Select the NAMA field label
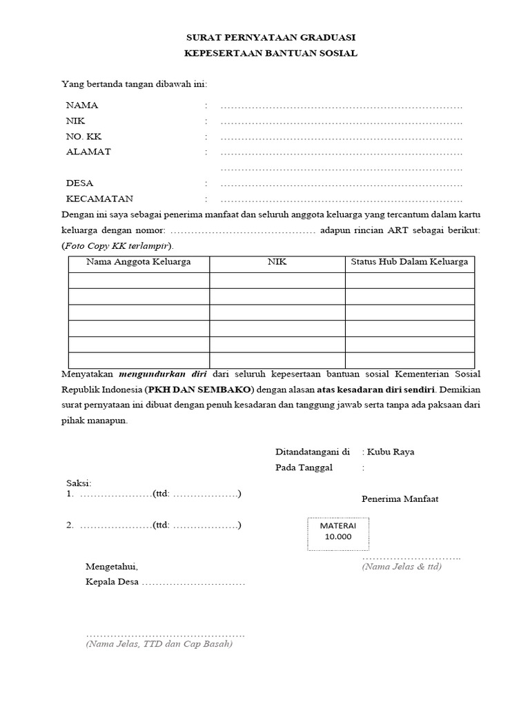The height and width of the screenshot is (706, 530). [81, 105]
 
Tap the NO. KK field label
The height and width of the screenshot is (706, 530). [84, 137]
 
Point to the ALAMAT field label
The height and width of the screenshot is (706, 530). [88, 152]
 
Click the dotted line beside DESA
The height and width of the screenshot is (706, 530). [341, 184]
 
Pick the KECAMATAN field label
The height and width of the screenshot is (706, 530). [99, 199]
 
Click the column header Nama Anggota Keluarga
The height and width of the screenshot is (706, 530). [138, 262]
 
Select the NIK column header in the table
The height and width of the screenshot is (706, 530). [277, 262]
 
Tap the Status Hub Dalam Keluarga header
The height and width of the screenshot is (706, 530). [409, 262]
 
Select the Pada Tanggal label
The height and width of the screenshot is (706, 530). [304, 467]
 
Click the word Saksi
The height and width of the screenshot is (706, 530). [78, 483]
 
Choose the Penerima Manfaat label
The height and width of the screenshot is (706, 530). [400, 498]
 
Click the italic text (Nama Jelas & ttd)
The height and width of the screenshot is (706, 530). [402, 567]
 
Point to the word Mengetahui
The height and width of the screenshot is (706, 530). [111, 567]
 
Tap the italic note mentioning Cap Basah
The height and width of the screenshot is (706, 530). [159, 645]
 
